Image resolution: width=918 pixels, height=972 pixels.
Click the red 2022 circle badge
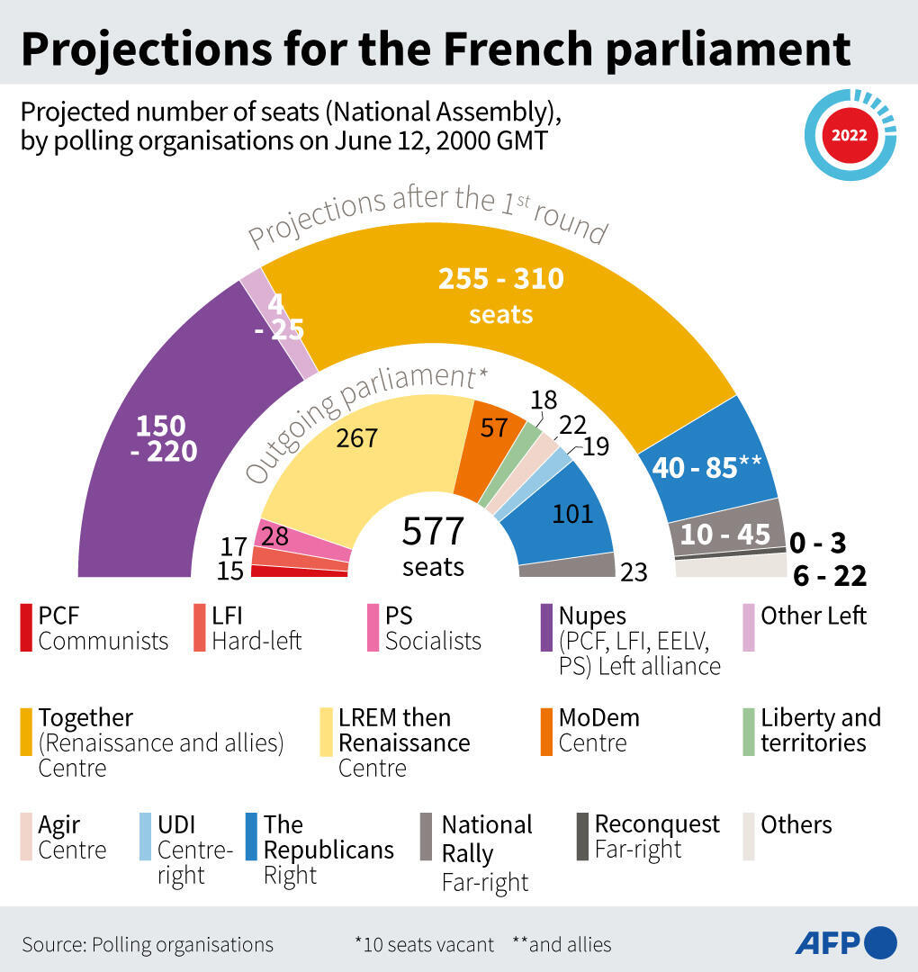[x=849, y=136]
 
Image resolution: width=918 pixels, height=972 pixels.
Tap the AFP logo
[x=845, y=942]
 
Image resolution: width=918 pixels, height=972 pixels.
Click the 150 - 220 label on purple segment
[x=163, y=438]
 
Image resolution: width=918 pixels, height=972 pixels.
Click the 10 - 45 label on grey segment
[x=725, y=535]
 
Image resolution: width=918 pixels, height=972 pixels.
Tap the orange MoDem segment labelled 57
[x=493, y=429]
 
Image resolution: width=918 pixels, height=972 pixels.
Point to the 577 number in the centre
[x=433, y=532]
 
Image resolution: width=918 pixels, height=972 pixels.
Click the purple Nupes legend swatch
[x=545, y=627]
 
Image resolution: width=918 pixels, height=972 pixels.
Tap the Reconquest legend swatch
[x=582, y=836]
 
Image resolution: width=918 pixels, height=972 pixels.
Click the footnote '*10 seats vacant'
[x=424, y=944]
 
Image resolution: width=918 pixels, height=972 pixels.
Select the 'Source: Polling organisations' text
[x=148, y=944]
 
